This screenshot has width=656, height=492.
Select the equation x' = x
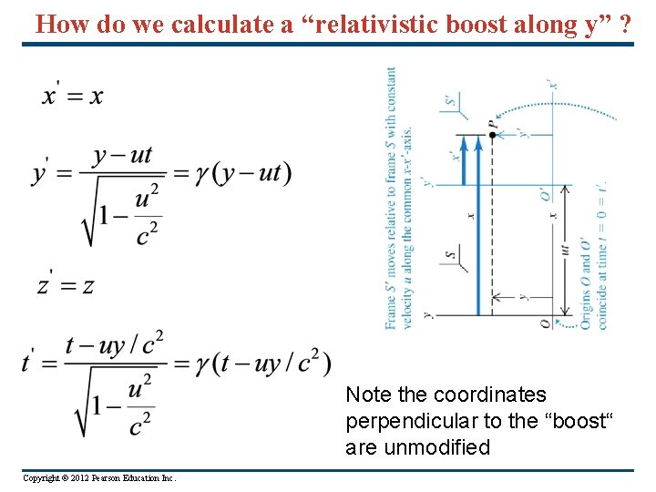pyautogui.click(x=72, y=96)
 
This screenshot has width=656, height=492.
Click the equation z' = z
pyautogui.click(x=66, y=285)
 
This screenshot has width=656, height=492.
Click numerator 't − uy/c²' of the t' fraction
pyautogui.click(x=115, y=343)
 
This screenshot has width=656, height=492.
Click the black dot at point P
pyautogui.click(x=492, y=134)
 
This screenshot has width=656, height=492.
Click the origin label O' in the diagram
pyautogui.click(x=544, y=194)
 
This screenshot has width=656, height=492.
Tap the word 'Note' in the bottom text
pyautogui.click(x=366, y=395)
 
